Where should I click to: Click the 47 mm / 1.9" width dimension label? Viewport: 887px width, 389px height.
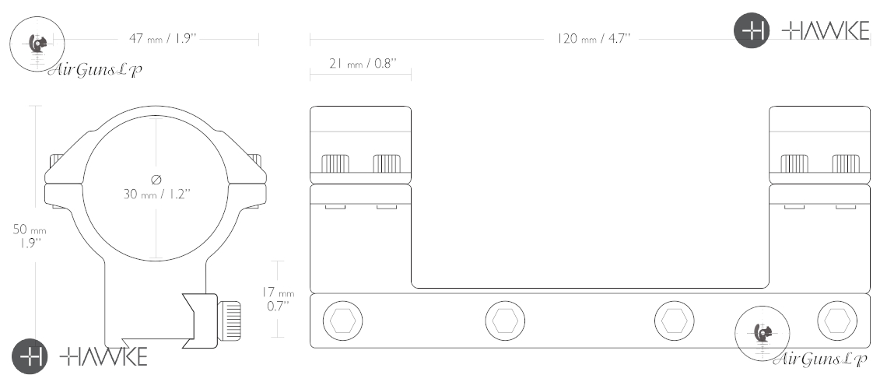coord(163,38)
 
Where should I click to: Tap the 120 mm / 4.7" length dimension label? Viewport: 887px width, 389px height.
coord(594,38)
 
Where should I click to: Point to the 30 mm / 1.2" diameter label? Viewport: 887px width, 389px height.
coord(156,194)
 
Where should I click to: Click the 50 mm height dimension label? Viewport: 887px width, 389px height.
coord(30,237)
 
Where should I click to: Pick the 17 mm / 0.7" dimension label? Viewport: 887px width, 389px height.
coord(278,299)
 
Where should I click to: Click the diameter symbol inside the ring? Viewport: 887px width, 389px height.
coord(156,180)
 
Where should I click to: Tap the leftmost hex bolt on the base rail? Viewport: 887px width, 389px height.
coord(343,321)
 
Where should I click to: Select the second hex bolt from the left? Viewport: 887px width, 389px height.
coord(505,321)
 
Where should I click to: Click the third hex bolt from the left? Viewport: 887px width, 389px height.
coord(675,321)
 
